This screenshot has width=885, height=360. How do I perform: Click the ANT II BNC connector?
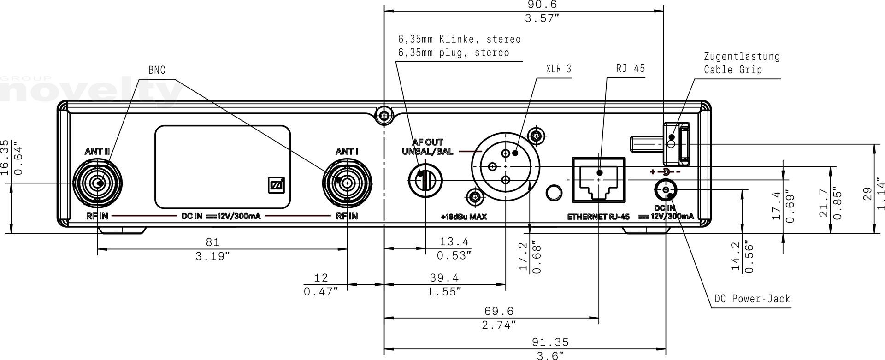(98, 183)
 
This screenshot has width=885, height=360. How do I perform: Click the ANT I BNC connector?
(347, 182)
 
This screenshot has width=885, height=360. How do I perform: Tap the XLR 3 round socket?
(506, 166)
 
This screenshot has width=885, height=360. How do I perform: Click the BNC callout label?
(157, 70)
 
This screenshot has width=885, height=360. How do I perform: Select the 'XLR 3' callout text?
(558, 69)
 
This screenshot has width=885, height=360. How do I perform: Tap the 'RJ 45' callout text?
(631, 68)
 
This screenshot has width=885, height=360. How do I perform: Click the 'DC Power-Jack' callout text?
(752, 299)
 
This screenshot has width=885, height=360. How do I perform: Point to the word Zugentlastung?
(742, 56)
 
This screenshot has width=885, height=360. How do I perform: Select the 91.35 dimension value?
(550, 342)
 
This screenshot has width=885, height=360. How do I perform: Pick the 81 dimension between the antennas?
(212, 242)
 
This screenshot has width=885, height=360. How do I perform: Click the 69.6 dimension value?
(499, 312)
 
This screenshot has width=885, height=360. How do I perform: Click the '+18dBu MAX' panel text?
(463, 217)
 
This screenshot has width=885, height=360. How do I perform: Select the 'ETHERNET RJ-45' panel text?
(598, 217)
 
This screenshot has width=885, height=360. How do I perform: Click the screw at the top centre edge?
(383, 116)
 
